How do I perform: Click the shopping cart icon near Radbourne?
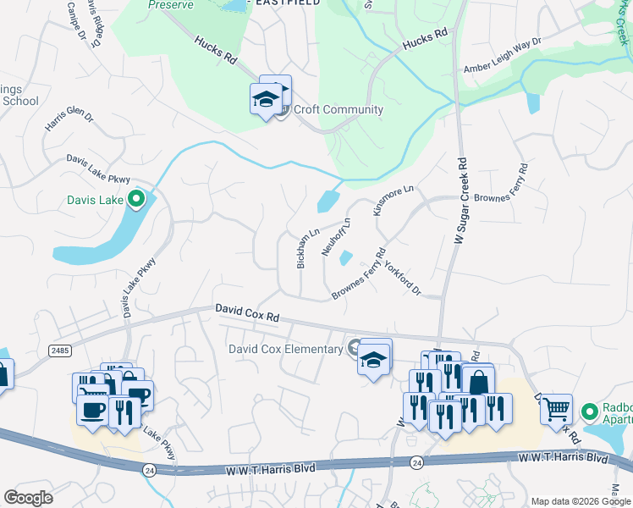[x=556, y=410]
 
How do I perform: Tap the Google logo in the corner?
[x=29, y=498]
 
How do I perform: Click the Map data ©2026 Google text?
[x=580, y=501]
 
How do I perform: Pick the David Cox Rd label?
[x=246, y=314]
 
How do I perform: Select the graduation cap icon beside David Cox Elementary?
[x=374, y=358]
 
